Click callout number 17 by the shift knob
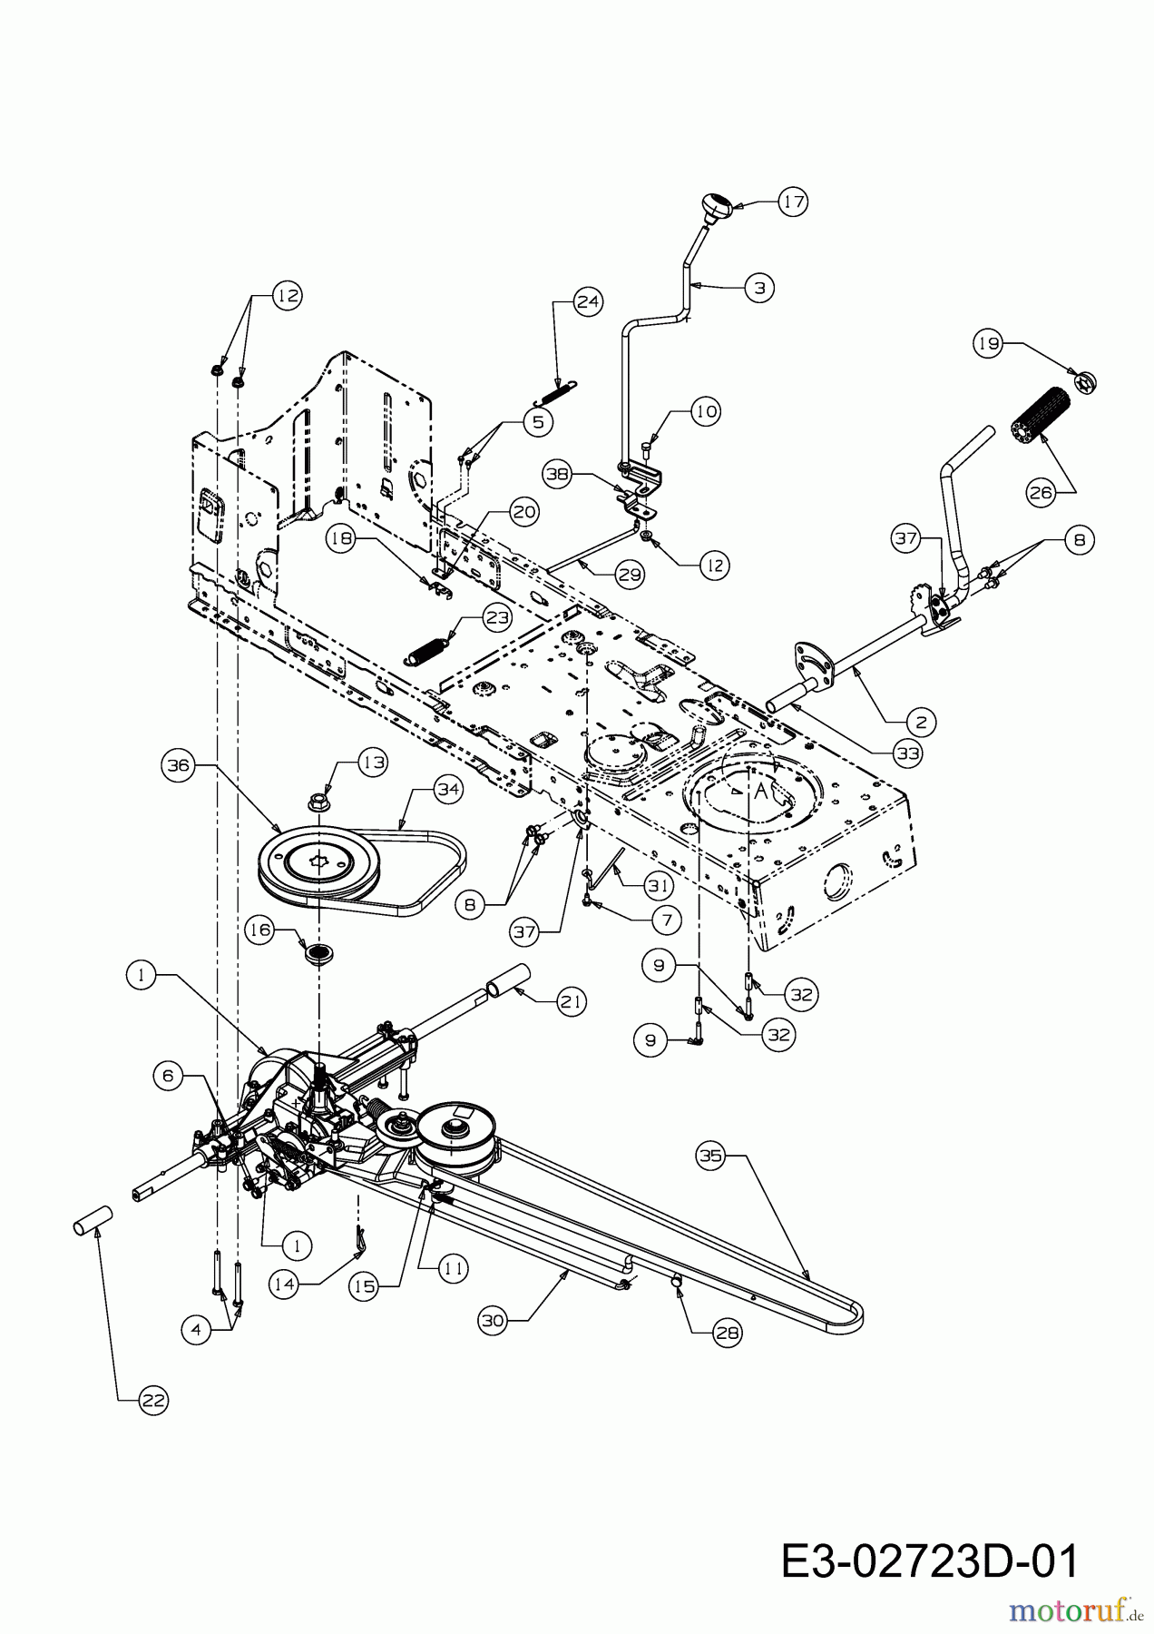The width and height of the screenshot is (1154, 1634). (x=793, y=202)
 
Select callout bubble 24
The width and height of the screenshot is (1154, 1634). (x=588, y=302)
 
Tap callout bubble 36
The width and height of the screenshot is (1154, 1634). (x=178, y=765)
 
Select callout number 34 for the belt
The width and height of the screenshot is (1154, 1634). (x=447, y=790)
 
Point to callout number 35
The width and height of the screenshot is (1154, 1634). (x=710, y=1157)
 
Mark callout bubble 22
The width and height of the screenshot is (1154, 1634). (x=153, y=1400)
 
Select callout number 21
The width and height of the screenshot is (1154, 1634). (x=572, y=1001)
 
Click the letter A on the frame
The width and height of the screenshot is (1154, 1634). (x=761, y=792)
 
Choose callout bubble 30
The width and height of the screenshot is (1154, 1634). (x=493, y=1321)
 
